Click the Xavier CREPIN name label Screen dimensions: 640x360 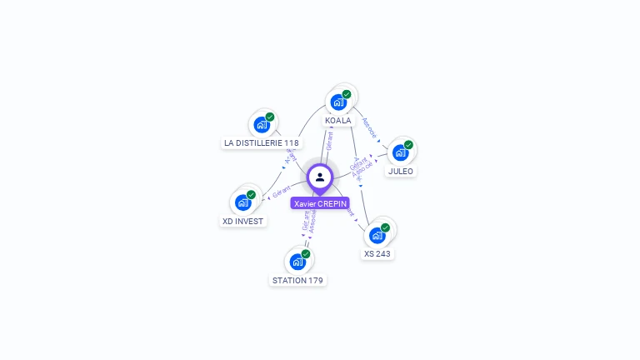point(320,203)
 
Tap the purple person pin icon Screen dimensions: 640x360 point(320,177)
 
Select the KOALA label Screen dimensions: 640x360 point(338,121)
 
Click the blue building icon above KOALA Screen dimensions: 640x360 point(338,102)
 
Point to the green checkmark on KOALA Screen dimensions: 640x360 point(347,94)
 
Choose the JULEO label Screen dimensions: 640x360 point(400,171)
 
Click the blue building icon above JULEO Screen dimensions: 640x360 point(400,152)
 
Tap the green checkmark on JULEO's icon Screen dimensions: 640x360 point(408,145)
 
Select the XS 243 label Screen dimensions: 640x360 point(377,253)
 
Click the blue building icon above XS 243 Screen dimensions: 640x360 point(377,235)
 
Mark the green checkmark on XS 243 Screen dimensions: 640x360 point(385,227)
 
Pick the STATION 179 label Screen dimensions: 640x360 point(297,280)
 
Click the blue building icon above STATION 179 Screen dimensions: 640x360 point(297,261)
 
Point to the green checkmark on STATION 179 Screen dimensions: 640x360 point(306,254)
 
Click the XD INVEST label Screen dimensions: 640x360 point(242,221)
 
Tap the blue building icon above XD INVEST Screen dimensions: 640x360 point(242,202)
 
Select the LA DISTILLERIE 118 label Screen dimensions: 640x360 point(262,142)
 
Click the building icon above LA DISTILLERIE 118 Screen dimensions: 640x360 point(262,125)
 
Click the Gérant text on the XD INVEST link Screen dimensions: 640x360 point(281,191)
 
